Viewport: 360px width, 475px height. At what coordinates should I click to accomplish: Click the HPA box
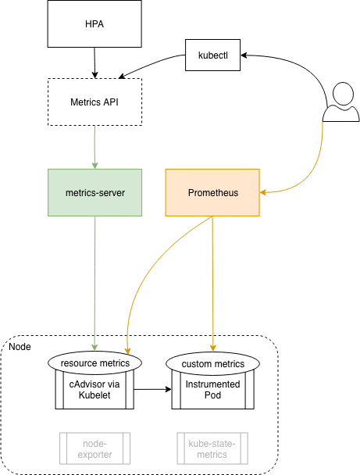pyautogui.click(x=94, y=23)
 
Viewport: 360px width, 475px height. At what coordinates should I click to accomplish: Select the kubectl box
pyautogui.click(x=213, y=55)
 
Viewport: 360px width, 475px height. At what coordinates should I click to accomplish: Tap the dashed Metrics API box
pyautogui.click(x=94, y=102)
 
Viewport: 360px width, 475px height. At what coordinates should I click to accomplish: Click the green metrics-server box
pyautogui.click(x=94, y=192)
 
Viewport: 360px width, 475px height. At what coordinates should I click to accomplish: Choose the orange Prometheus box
pyautogui.click(x=212, y=192)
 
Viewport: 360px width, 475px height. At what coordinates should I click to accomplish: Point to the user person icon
pyautogui.click(x=341, y=102)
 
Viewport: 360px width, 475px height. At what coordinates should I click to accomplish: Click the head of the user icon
pyautogui.click(x=343, y=93)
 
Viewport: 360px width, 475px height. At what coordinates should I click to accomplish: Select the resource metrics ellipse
pyautogui.click(x=94, y=363)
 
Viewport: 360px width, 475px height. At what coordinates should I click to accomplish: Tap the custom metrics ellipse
pyautogui.click(x=213, y=363)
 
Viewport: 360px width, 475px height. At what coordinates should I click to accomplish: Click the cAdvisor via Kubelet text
pyautogui.click(x=94, y=390)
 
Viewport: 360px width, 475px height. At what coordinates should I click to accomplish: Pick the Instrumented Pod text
pyautogui.click(x=213, y=390)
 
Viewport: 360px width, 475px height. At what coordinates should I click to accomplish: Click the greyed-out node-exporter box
pyautogui.click(x=94, y=448)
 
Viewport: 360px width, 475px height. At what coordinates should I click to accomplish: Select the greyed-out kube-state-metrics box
pyautogui.click(x=212, y=448)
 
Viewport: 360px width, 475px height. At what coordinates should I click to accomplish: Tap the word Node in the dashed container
pyautogui.click(x=20, y=347)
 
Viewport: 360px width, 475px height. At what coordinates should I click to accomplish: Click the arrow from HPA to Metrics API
pyautogui.click(x=94, y=62)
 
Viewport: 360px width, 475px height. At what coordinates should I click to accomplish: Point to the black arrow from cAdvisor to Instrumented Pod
pyautogui.click(x=153, y=389)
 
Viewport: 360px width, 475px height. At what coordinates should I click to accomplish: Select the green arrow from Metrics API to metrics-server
pyautogui.click(x=94, y=147)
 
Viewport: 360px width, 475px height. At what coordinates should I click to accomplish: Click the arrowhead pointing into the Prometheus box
pyautogui.click(x=263, y=192)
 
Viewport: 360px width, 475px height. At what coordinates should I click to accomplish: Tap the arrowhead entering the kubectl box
pyautogui.click(x=244, y=55)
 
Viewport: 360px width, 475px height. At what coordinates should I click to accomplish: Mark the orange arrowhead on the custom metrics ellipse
pyautogui.click(x=213, y=348)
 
